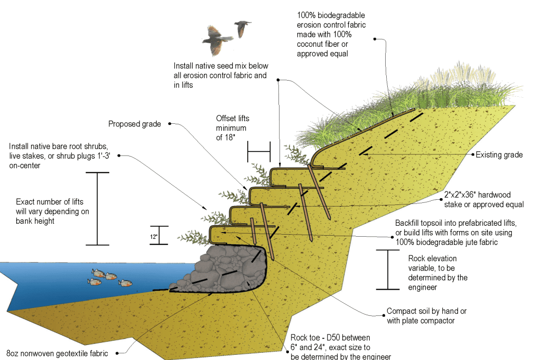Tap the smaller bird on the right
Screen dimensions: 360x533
coord(242,28)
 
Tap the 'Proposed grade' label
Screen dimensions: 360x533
coord(135,124)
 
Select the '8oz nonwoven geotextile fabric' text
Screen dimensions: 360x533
coord(58,353)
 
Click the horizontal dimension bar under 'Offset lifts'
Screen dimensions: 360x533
coord(259,151)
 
